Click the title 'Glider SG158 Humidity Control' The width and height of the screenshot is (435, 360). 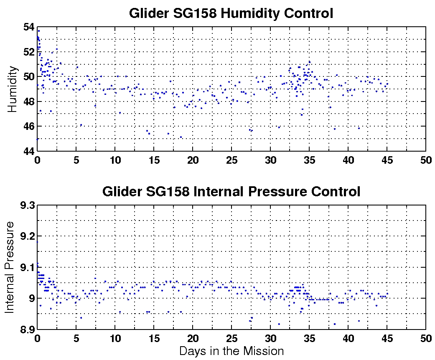tap(231, 13)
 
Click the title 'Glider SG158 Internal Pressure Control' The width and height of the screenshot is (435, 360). tap(231, 192)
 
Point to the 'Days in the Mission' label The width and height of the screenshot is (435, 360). tap(231, 351)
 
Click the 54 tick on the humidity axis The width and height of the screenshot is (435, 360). tap(29, 27)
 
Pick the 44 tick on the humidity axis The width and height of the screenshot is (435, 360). tap(29, 151)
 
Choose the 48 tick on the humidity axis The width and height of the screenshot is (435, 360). tap(29, 101)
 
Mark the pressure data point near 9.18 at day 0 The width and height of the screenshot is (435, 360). tap(37, 242)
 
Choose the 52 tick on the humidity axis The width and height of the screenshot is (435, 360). tap(29, 52)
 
